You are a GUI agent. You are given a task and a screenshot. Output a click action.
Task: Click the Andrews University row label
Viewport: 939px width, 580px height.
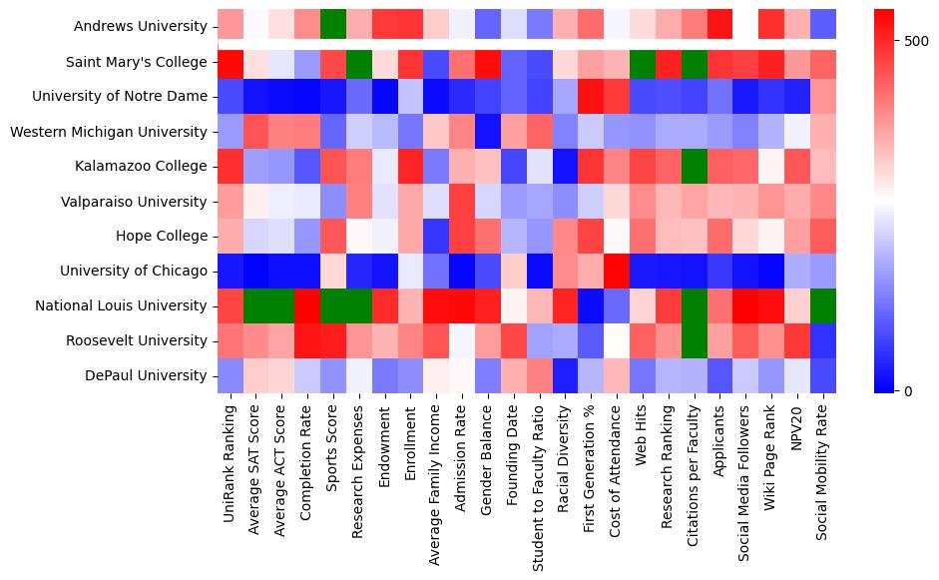[141, 27]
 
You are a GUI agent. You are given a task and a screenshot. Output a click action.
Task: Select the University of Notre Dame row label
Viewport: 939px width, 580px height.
[120, 97]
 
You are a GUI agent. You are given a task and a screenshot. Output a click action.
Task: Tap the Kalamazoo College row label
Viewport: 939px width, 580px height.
[140, 167]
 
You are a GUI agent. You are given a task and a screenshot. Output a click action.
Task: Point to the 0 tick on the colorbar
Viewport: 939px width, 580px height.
[908, 390]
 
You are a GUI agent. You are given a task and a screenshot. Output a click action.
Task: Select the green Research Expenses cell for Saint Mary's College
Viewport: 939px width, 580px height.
[360, 62]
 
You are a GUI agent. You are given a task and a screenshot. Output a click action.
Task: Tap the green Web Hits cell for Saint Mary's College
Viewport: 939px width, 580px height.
[643, 62]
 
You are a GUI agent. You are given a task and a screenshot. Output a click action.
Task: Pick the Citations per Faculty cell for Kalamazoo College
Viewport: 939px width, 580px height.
[695, 167]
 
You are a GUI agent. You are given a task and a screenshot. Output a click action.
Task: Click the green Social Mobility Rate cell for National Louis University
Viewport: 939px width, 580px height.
[824, 305]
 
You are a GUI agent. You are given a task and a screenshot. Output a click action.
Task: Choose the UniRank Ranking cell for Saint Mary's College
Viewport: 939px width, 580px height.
[231, 62]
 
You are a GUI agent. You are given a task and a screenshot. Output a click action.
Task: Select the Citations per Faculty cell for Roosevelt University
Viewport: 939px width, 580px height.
[695, 340]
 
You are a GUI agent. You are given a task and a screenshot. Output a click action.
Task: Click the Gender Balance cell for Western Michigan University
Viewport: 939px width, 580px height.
[488, 132]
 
